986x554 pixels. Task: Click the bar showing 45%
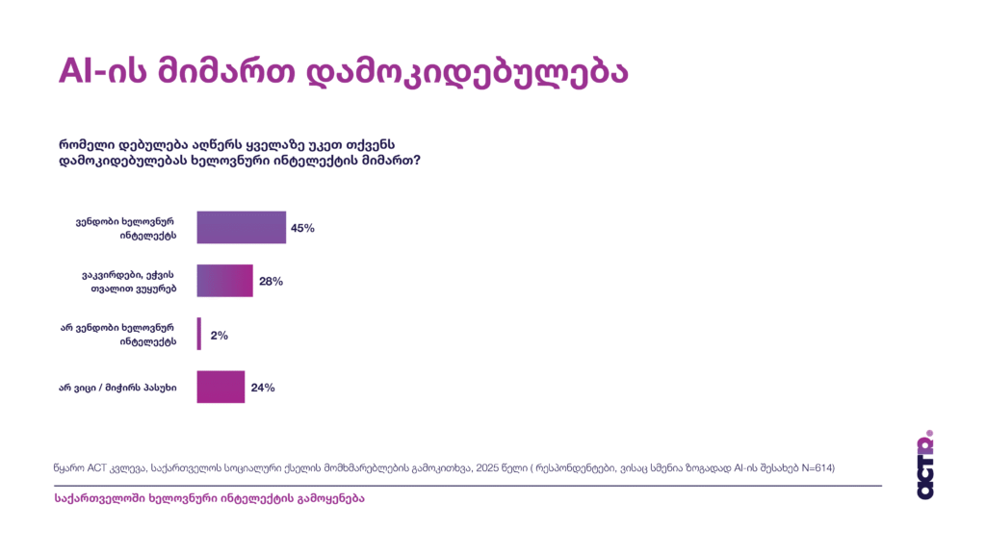click(x=241, y=228)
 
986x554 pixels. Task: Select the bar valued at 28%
click(x=224, y=281)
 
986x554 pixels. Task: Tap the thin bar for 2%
click(x=199, y=335)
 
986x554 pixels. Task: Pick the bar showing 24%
click(x=221, y=387)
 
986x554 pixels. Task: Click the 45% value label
click(x=302, y=229)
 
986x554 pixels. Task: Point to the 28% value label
click(x=270, y=282)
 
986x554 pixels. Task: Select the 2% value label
click(x=219, y=336)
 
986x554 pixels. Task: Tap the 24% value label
click(x=263, y=388)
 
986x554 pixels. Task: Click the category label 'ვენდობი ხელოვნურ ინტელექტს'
click(x=126, y=228)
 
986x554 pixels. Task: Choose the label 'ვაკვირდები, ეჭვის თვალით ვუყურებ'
click(x=128, y=281)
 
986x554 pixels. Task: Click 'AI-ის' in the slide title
click(x=105, y=71)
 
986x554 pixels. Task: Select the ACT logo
click(x=925, y=465)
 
